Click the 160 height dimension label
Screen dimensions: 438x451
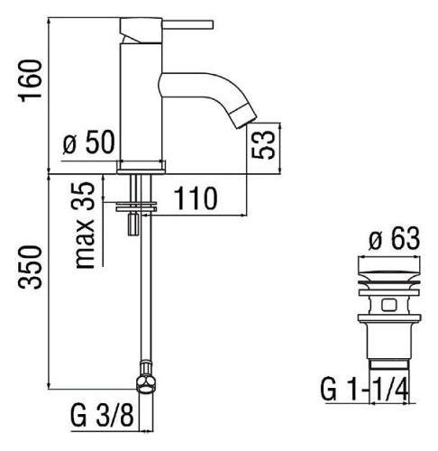tap(30, 80)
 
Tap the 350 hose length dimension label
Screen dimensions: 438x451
tap(30, 267)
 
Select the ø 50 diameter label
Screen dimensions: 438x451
tap(89, 142)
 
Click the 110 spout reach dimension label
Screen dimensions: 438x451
tap(196, 198)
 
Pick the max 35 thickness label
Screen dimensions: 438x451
tap(83, 225)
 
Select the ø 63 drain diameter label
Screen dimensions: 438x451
tap(394, 238)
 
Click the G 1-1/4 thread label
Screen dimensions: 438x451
tap(364, 390)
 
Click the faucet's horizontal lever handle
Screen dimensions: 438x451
tap(187, 24)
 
